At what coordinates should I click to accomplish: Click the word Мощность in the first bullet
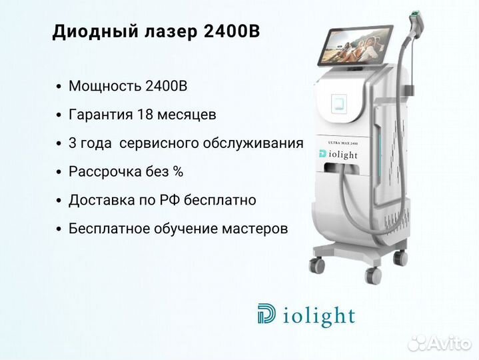click(105, 86)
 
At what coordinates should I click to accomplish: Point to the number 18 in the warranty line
click(145, 115)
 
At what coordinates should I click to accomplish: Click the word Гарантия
click(101, 115)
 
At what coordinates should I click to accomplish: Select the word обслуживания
click(253, 143)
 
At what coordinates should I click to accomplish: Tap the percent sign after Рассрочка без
click(178, 171)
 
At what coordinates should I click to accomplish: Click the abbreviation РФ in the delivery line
click(169, 200)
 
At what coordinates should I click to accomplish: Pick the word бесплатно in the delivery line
click(220, 200)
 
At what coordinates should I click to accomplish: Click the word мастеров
click(254, 229)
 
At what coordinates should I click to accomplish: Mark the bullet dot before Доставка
click(59, 201)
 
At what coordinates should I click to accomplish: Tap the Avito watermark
click(439, 343)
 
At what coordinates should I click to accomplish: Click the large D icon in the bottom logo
click(266, 313)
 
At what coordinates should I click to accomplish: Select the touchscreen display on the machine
click(355, 46)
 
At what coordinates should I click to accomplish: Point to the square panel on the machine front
click(339, 103)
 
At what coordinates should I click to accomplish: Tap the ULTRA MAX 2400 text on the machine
click(342, 143)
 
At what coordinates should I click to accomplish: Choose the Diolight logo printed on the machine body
click(338, 155)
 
